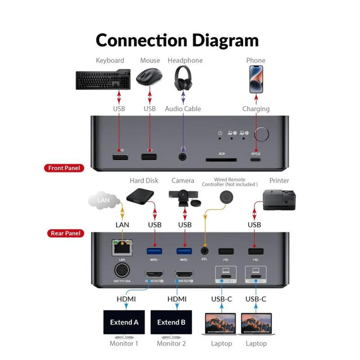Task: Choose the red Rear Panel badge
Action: [x=66, y=233]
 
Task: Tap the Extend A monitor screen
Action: [x=124, y=322]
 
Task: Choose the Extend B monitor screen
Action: [x=172, y=322]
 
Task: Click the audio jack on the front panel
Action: [x=184, y=157]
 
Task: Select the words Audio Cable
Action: [x=183, y=109]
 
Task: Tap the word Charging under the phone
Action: [x=256, y=109]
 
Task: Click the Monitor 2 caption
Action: [x=172, y=343]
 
